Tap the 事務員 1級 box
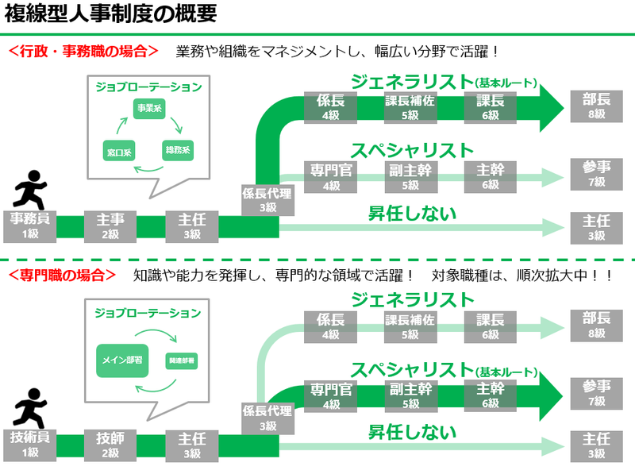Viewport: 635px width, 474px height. pos(30,225)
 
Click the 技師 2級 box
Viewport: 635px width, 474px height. pos(110,445)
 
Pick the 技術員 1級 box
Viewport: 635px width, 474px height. pos(30,445)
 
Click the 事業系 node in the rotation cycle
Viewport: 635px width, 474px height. pos(148,110)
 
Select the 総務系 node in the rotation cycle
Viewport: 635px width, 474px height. pos(177,149)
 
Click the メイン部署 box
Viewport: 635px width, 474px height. pos(123,360)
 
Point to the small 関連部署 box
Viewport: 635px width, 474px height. pos(182,360)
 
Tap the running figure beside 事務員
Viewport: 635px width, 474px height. pos(31,189)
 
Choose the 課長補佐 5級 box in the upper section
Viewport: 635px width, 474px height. pos(410,107)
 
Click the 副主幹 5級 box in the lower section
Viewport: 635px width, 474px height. pos(410,395)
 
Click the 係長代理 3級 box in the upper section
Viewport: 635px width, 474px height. pos(267,198)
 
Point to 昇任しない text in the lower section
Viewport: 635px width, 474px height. pos(412,433)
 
